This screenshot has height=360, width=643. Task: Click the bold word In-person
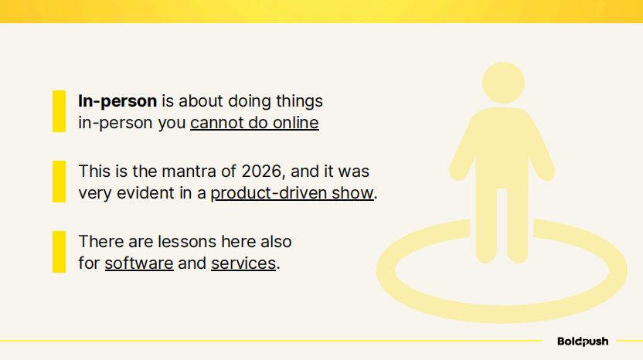[x=117, y=101]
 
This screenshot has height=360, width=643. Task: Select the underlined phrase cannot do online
[x=255, y=123]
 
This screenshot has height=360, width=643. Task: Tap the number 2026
[x=262, y=172]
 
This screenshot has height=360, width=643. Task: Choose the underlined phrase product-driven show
[x=292, y=193]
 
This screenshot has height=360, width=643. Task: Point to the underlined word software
[x=139, y=263]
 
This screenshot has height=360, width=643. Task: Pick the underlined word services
[x=243, y=263]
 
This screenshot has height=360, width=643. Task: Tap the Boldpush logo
[x=583, y=341]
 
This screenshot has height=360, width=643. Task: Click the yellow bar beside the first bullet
[x=59, y=111]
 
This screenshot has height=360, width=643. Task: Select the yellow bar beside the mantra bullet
[x=59, y=182]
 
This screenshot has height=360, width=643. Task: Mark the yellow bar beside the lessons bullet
[x=59, y=252]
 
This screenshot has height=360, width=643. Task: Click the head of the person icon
[x=503, y=83]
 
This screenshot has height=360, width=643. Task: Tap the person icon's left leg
[x=486, y=226]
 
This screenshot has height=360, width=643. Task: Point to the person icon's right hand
[x=546, y=173]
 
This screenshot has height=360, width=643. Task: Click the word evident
[x=145, y=193]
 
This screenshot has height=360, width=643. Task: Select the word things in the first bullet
[x=299, y=101]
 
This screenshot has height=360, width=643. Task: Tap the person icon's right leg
[x=518, y=226]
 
